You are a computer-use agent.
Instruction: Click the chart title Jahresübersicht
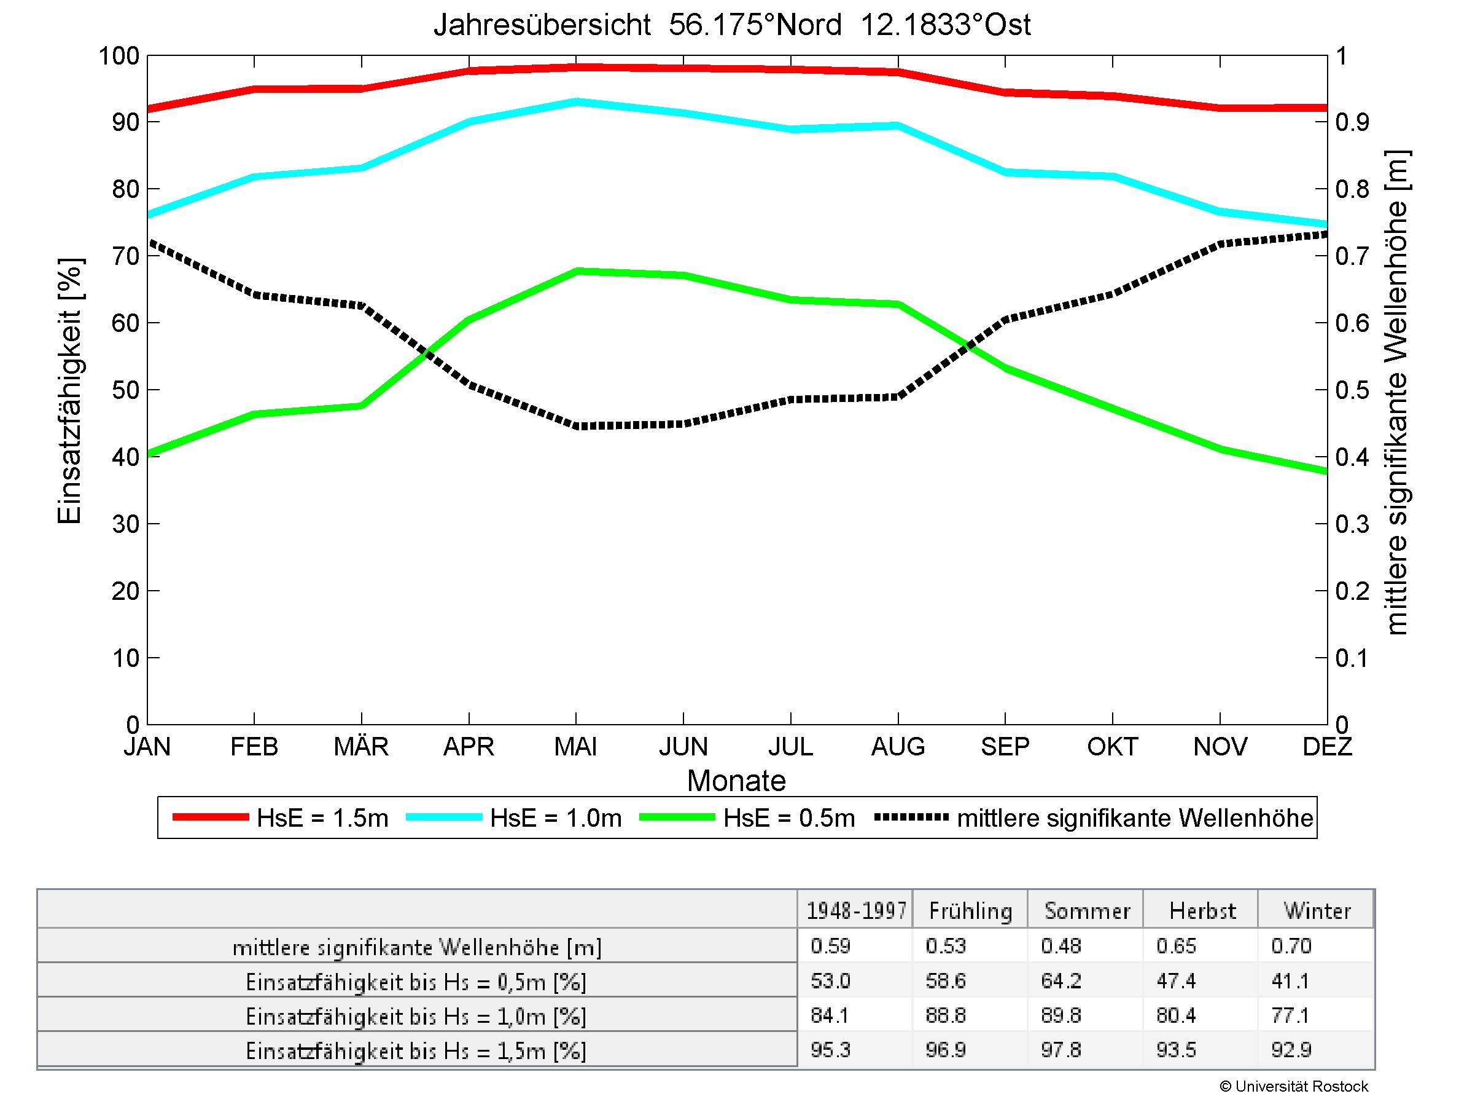point(542,25)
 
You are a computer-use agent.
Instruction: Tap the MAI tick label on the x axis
point(576,746)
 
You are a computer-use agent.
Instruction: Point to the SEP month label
point(1005,746)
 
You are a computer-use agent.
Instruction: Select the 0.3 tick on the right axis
point(1352,524)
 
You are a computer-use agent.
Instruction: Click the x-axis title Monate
point(736,781)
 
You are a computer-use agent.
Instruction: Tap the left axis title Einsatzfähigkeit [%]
point(69,390)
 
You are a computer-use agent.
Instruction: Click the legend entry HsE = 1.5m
point(322,818)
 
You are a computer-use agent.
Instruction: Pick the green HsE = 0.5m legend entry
point(789,818)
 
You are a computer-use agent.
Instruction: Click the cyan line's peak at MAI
point(577,102)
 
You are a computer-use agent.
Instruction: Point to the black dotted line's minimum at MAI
point(577,426)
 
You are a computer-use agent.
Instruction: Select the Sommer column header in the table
point(1087,911)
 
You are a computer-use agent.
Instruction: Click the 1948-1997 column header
point(856,911)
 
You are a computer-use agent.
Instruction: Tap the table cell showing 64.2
point(1061,981)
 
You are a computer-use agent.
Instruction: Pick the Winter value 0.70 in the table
point(1291,946)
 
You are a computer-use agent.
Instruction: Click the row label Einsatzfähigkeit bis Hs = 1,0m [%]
point(416,1016)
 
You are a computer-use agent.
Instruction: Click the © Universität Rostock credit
point(1294,1086)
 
